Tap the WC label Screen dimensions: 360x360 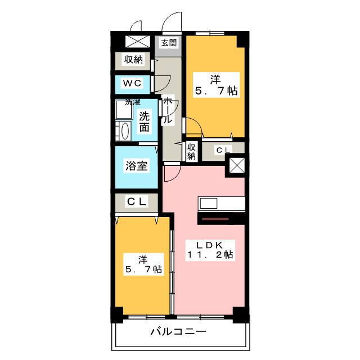pyautogui.click(x=133, y=83)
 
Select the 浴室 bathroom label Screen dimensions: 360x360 pyautogui.click(x=137, y=166)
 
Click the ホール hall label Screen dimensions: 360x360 pyautogui.click(x=167, y=111)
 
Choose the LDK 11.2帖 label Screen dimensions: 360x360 pyautogui.click(x=210, y=250)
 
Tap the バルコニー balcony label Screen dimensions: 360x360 pyautogui.click(x=178, y=331)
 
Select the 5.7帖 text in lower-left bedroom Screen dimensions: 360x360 pyautogui.click(x=143, y=269)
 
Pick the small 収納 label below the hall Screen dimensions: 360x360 pyautogui.click(x=191, y=151)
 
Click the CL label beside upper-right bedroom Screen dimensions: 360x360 pyautogui.click(x=223, y=150)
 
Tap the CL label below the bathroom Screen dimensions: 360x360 pyautogui.click(x=137, y=201)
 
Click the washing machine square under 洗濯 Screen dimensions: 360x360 pyautogui.click(x=123, y=111)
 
